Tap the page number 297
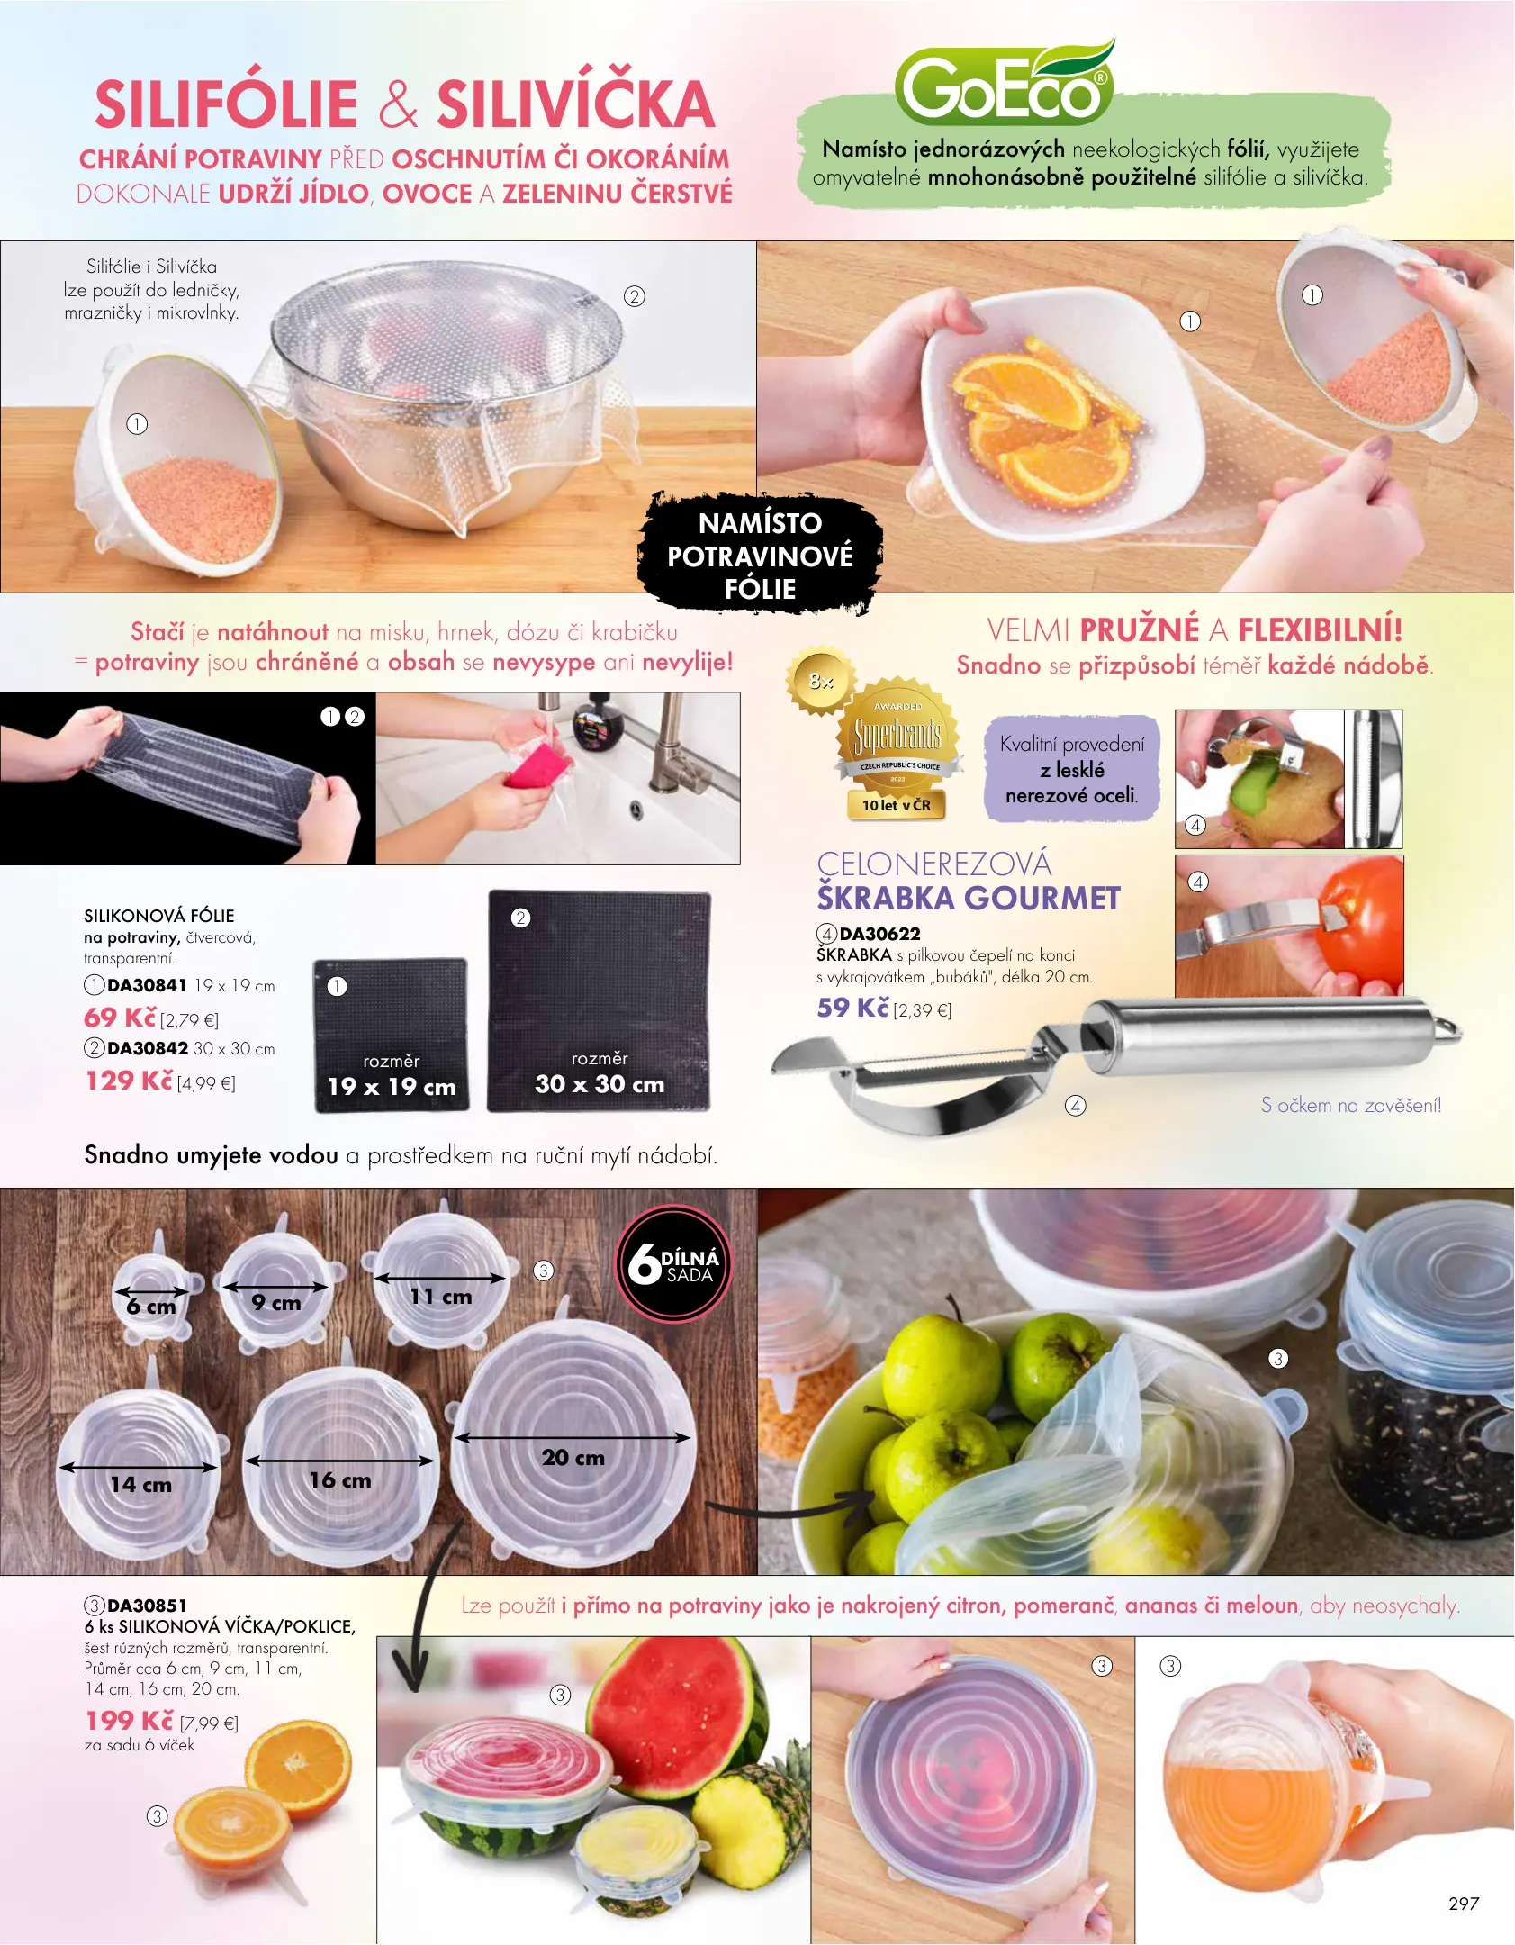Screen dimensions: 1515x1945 click(1464, 1903)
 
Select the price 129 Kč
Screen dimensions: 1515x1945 click(129, 1081)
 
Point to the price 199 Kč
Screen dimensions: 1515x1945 click(129, 1721)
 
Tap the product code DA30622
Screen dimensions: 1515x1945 click(879, 934)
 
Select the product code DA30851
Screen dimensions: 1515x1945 click(147, 1606)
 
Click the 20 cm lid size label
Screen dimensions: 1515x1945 click(573, 1457)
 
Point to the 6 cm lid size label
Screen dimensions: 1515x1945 click(151, 1307)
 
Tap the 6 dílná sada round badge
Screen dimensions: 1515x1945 click(673, 1263)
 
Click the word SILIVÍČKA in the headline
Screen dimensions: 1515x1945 click(576, 104)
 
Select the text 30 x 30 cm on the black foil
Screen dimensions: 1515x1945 click(600, 1084)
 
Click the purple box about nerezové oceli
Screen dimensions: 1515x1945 click(1072, 769)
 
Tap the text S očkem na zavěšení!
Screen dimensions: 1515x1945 click(1351, 1105)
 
